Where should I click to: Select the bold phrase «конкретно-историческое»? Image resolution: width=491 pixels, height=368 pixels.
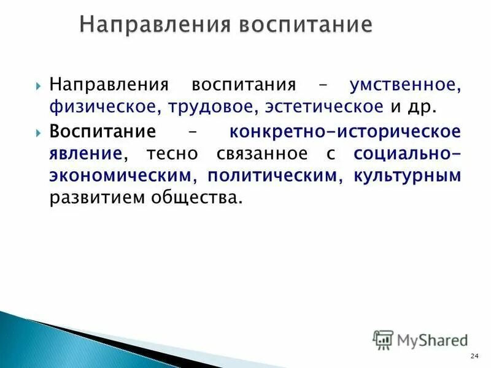pos(344,132)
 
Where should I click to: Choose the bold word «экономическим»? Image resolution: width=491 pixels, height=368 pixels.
pos(120,176)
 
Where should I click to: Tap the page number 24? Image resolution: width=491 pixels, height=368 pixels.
pos(473,357)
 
